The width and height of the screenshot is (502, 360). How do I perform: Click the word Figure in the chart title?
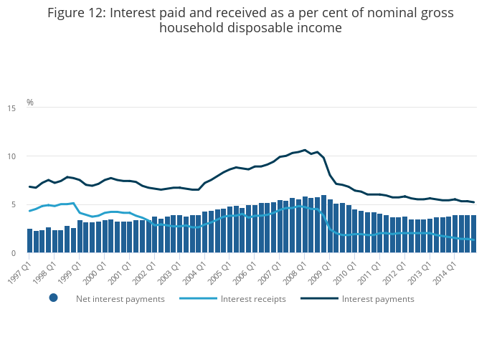point(69,13)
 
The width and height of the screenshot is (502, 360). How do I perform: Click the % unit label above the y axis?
point(30,103)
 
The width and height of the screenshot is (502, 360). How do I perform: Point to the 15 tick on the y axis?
point(11,108)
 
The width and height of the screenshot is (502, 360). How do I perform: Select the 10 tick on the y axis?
point(11,156)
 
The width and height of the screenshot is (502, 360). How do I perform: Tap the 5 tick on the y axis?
point(14,205)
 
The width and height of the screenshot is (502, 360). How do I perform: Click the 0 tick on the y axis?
point(14,253)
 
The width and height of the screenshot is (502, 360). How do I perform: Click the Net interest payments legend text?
point(120,299)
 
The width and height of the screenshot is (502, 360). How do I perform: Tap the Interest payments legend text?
point(378,299)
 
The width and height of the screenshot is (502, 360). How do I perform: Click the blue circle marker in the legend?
point(53,298)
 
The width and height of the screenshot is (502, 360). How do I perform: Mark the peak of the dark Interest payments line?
point(305,150)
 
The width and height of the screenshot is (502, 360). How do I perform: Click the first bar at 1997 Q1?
point(30,241)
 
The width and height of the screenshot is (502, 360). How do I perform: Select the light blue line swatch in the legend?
point(199,298)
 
